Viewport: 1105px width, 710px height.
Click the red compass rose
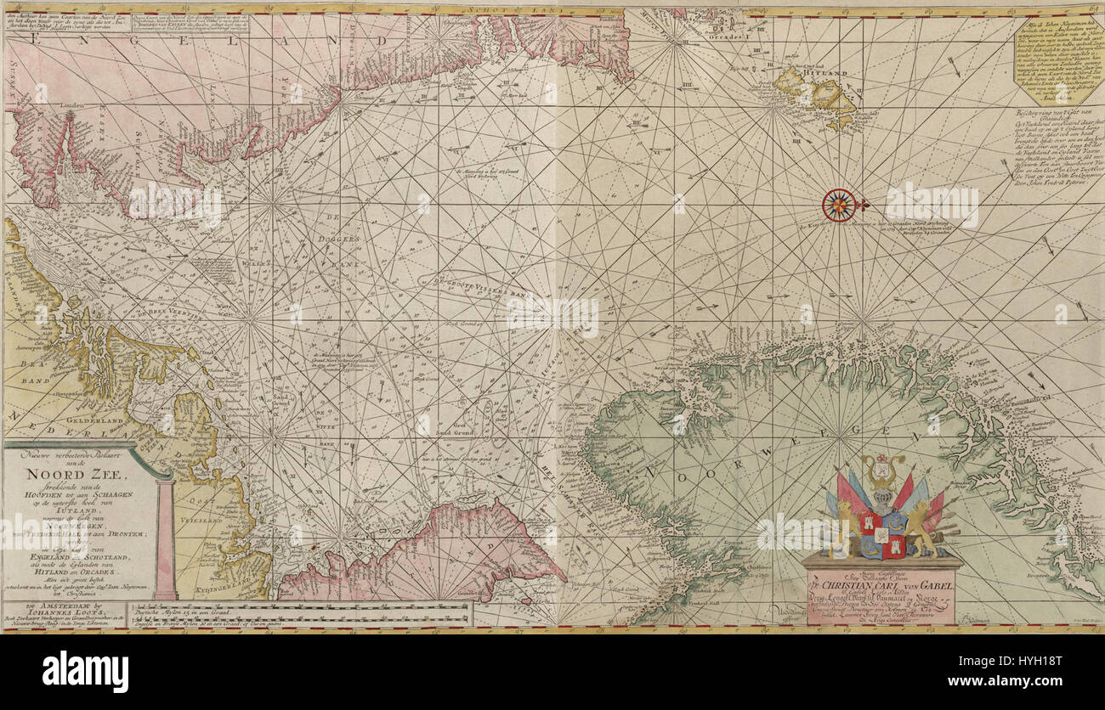click(840, 205)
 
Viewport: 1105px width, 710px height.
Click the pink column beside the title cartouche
click(165, 537)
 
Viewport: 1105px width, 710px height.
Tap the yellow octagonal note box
click(1057, 60)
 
